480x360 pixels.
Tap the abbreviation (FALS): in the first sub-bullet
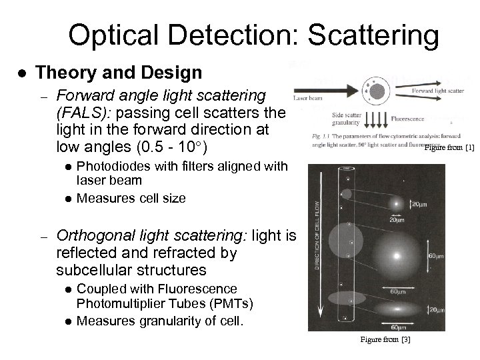(81, 112)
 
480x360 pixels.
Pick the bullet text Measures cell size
(131, 198)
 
